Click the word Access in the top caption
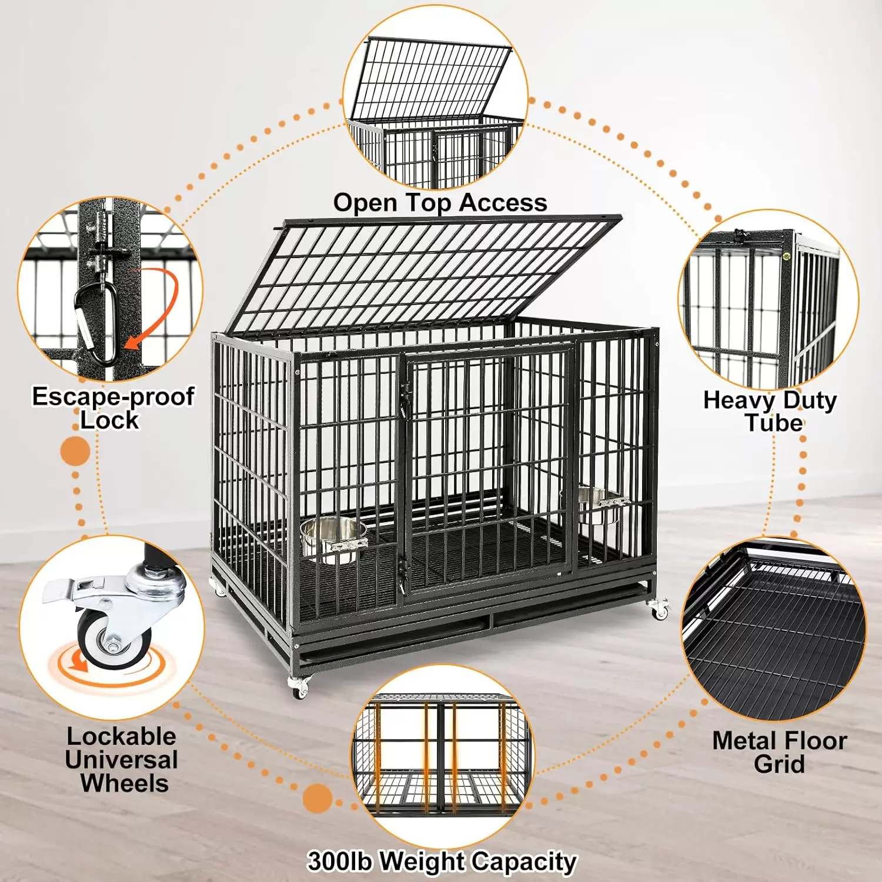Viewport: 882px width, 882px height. coord(503,203)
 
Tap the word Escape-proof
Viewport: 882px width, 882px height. coord(113,397)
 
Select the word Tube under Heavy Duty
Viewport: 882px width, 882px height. coord(774,423)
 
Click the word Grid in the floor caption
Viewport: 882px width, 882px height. coord(779,764)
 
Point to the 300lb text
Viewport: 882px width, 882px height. coord(340,861)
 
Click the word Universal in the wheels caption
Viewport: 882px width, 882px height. coord(122,760)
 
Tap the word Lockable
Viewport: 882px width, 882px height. coord(121,736)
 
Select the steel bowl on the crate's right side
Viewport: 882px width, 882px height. coord(600,506)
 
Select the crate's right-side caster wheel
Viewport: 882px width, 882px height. coord(659,610)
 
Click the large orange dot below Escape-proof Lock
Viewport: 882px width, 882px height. coord(75,452)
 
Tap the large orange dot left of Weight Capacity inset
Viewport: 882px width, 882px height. coord(318,799)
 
